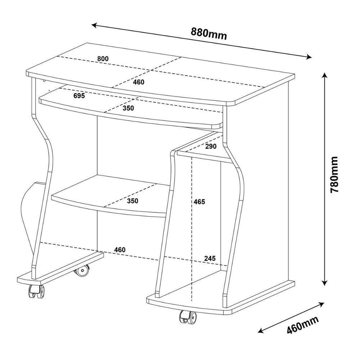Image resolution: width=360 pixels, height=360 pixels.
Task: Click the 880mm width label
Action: (x=209, y=33)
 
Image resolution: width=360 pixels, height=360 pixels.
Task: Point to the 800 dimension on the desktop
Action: (x=103, y=59)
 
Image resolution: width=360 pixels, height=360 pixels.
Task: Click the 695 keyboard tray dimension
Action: (x=78, y=96)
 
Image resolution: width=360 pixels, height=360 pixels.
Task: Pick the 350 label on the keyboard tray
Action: (x=127, y=108)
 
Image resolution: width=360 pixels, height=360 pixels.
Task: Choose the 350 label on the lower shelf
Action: (x=132, y=201)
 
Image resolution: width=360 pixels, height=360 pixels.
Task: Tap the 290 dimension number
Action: (x=211, y=146)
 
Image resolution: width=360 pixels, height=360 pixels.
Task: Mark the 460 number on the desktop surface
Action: (x=138, y=82)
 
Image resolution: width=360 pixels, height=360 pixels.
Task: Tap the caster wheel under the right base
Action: (x=188, y=317)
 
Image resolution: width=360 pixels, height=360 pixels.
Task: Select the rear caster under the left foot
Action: (x=82, y=270)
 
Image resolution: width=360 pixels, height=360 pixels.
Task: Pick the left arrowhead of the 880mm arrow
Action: (x=94, y=25)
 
